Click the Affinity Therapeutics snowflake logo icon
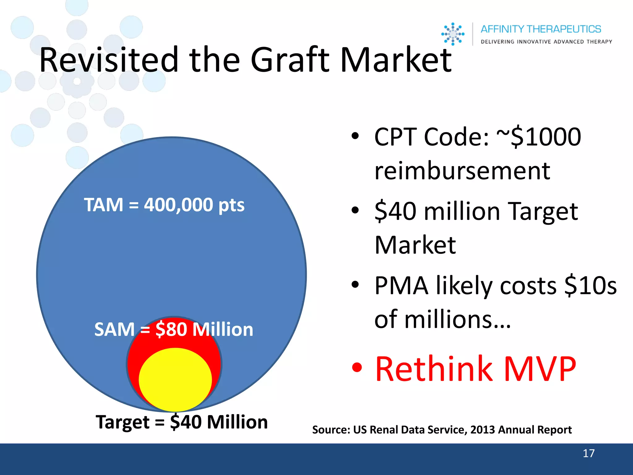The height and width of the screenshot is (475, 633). [x=453, y=34]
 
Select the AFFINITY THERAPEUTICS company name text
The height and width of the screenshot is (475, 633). [x=541, y=29]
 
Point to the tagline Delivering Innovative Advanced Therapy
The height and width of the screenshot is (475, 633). [x=546, y=42]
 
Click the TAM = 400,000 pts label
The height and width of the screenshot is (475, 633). [x=164, y=205]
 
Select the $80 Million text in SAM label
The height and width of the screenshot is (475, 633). [x=204, y=329]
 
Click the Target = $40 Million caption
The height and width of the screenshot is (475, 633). [x=182, y=422]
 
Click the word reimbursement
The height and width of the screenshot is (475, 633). [x=462, y=171]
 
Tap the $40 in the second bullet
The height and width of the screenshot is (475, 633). [x=395, y=212]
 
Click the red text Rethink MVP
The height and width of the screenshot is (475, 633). [x=475, y=369]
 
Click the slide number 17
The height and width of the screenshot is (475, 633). [x=588, y=453]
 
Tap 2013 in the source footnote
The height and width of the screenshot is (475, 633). [x=483, y=430]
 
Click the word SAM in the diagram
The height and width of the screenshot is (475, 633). [x=114, y=329]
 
